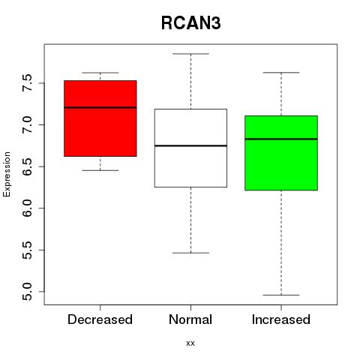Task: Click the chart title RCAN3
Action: pyautogui.click(x=191, y=23)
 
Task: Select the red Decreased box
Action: pyautogui.click(x=100, y=118)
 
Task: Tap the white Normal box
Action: pyautogui.click(x=190, y=148)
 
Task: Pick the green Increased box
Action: pyautogui.click(x=281, y=153)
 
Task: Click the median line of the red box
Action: pyautogui.click(x=100, y=107)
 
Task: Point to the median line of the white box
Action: pyautogui.click(x=190, y=145)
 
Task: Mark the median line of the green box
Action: pyautogui.click(x=281, y=139)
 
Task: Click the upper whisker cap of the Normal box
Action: pyautogui.click(x=190, y=54)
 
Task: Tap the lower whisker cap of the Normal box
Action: pyautogui.click(x=190, y=253)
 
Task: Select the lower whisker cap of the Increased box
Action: pyautogui.click(x=281, y=295)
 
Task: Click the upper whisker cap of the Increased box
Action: pyautogui.click(x=281, y=73)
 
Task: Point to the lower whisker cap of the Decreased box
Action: pyautogui.click(x=100, y=170)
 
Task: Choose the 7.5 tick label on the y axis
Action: pyautogui.click(x=27, y=83)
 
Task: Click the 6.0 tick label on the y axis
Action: pyautogui.click(x=27, y=208)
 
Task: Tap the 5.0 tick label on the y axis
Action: pyautogui.click(x=27, y=292)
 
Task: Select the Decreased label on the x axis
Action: pyautogui.click(x=100, y=319)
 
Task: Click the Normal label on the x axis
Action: pyautogui.click(x=190, y=319)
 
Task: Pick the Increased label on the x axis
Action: pyautogui.click(x=281, y=319)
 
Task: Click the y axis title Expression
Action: pyautogui.click(x=7, y=174)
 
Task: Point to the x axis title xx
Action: pyautogui.click(x=190, y=343)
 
